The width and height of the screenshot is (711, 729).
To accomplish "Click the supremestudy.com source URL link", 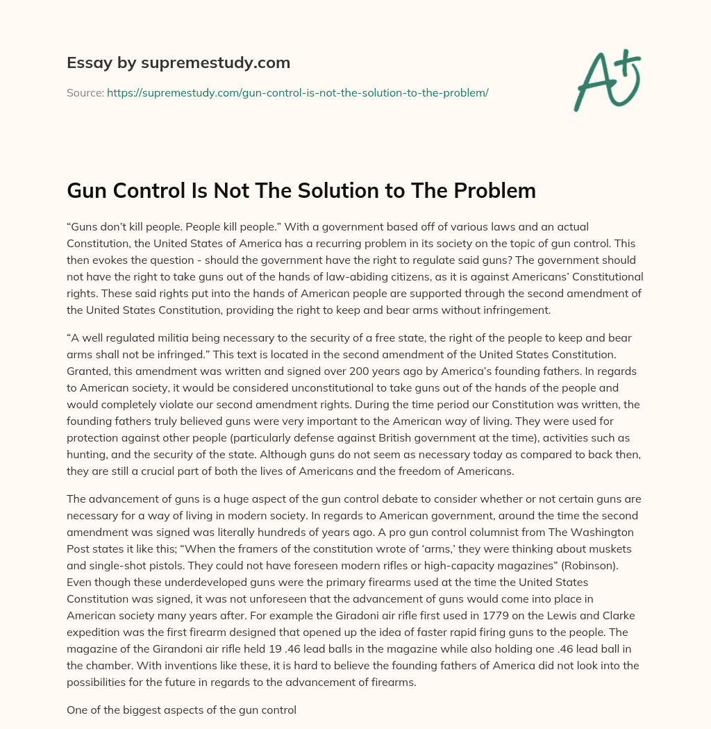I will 298,92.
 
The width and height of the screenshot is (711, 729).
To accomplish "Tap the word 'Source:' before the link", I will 85,92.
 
